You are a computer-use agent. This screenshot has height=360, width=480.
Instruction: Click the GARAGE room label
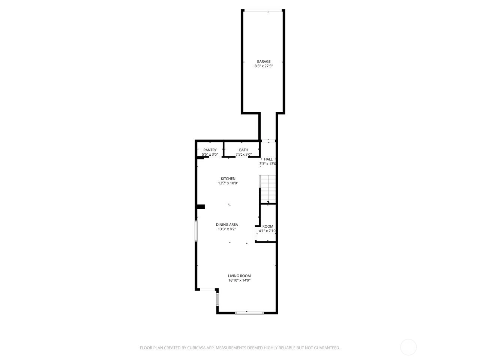tap(263, 61)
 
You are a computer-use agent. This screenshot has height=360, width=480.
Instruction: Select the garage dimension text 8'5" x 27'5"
tap(263, 66)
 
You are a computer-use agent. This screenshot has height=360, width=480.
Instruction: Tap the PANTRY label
tap(210, 150)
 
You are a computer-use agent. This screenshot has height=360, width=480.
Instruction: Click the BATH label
tap(243, 150)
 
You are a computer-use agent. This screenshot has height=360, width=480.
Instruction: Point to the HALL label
tap(268, 159)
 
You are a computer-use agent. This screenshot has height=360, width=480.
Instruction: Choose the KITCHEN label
tap(228, 178)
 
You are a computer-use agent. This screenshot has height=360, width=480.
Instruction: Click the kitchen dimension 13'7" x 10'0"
tap(228, 183)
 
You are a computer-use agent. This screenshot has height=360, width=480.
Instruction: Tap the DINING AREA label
tap(227, 225)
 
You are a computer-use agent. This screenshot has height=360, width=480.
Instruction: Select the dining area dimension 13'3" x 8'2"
tap(227, 229)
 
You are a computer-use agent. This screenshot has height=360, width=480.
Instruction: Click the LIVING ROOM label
tap(239, 276)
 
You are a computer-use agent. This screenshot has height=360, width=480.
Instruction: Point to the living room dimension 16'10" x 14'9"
tap(239, 280)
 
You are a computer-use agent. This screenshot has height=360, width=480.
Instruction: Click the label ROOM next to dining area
tap(268, 226)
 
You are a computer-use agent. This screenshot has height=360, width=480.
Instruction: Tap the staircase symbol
tap(267, 189)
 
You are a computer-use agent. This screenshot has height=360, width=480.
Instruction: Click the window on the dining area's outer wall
tap(196, 231)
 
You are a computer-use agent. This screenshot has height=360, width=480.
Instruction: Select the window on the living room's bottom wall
tap(249, 313)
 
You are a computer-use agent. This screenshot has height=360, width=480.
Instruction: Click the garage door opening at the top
tap(263, 10)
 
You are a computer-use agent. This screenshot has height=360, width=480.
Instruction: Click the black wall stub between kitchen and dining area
tap(201, 207)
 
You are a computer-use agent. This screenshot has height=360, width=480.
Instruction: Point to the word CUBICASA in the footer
tap(196, 348)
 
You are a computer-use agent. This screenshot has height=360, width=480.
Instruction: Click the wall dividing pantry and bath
tap(223, 150)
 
